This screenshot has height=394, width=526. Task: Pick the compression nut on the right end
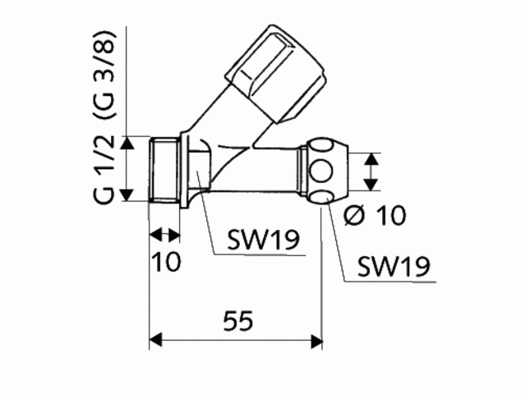pos(325,172)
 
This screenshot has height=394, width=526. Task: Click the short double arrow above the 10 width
pos(164,236)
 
